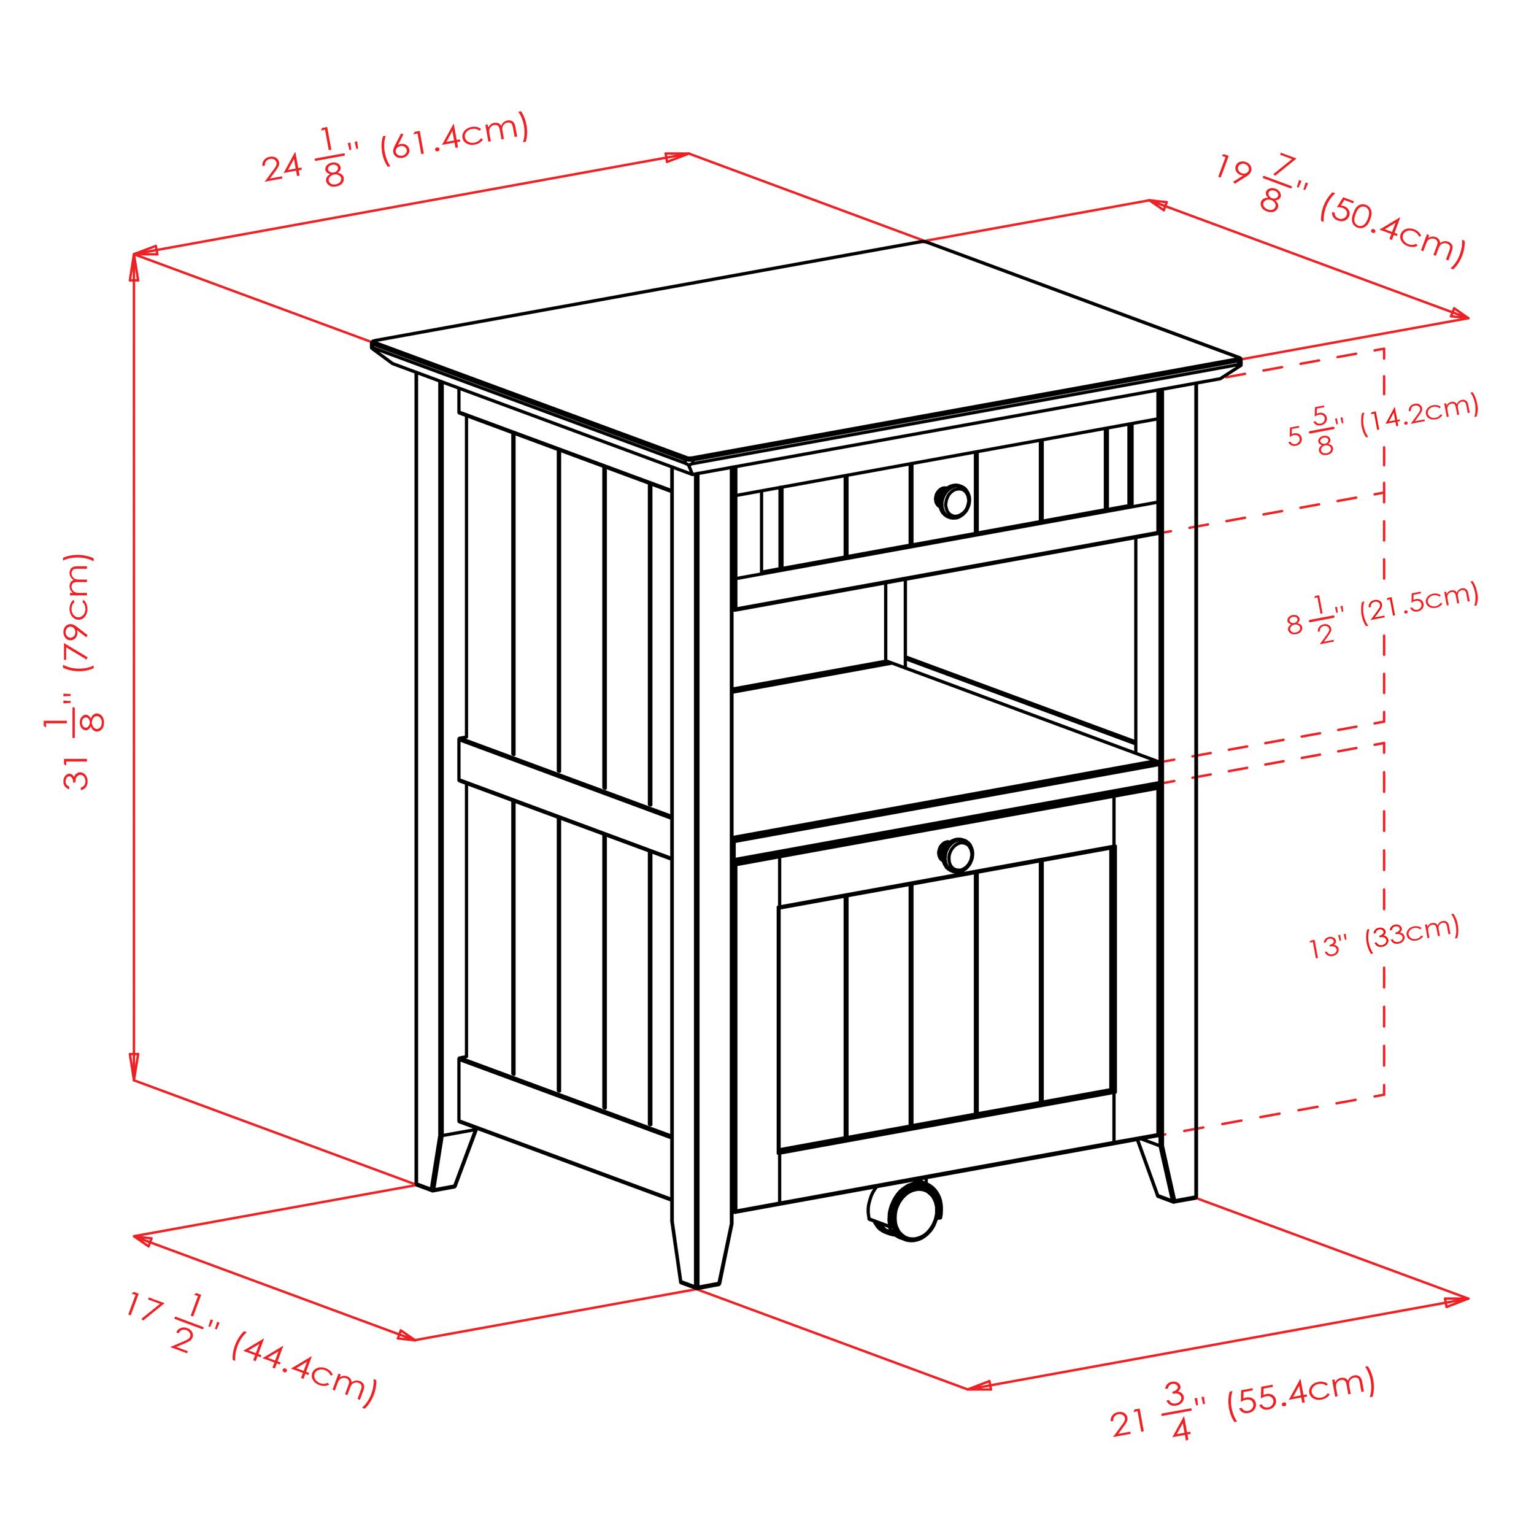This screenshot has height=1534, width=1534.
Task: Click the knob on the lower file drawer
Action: coord(957,856)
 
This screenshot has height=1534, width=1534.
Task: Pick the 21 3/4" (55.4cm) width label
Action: coord(1243,1413)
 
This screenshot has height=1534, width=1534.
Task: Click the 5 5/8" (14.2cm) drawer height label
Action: coord(1383,425)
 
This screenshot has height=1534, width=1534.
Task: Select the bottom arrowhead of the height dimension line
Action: coord(133,1066)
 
